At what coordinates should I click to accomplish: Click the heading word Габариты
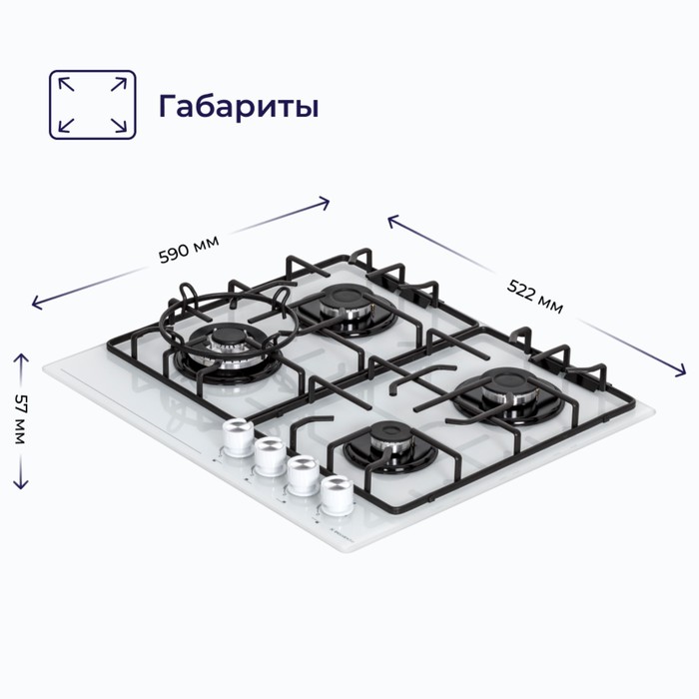[239, 107]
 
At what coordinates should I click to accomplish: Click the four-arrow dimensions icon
[92, 105]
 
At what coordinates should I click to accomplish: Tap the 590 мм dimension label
[189, 250]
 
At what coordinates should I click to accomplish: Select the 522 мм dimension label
[535, 297]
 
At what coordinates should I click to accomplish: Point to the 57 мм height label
[21, 418]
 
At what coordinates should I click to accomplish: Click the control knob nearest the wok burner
[238, 437]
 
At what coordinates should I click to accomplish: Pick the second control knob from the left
[271, 456]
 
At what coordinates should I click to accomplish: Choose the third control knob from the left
[304, 475]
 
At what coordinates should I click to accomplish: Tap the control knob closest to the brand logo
[338, 495]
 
